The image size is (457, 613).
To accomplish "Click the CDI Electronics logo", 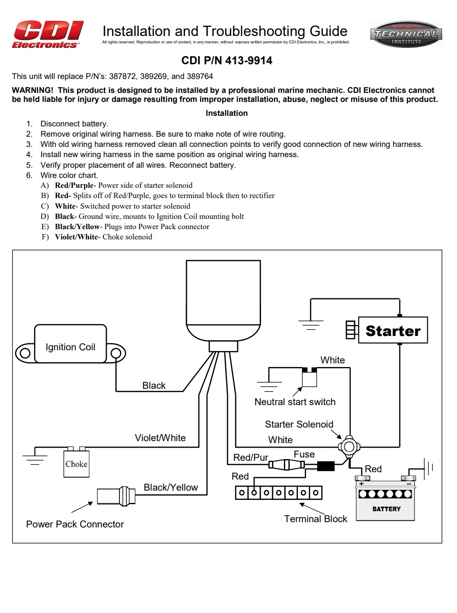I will (47, 35).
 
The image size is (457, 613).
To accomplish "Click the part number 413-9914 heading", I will (227, 61).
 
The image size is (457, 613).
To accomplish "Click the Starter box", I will (393, 330).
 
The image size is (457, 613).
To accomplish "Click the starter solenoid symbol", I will (349, 446).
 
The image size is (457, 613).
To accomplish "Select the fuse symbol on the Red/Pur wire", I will (286, 465).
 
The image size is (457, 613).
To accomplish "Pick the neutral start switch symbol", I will (309, 377).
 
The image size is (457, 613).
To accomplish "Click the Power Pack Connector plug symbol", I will (116, 496).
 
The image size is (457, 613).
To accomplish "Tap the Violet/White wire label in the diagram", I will (160, 438).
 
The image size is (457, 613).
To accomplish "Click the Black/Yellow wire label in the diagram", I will (171, 487).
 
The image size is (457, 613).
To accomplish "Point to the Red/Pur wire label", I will (250, 457).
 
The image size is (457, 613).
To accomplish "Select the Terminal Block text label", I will (315, 519).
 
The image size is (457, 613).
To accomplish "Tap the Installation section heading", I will (227, 113).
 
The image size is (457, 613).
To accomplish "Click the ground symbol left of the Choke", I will (35, 457).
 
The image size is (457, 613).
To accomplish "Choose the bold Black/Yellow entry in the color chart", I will (77, 227).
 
